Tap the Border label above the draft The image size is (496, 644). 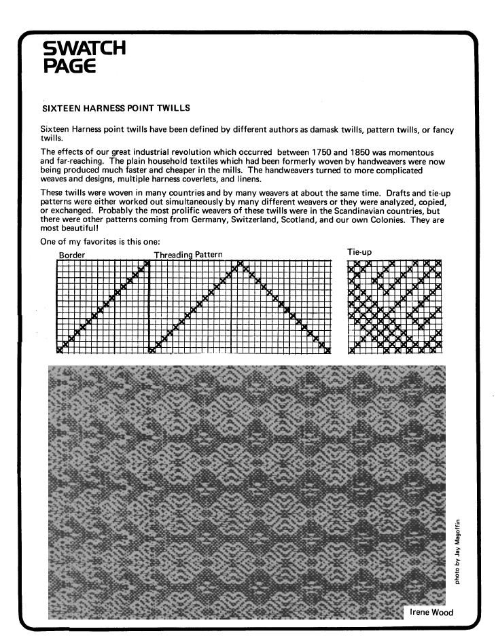click(x=72, y=254)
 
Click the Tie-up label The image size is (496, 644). click(x=359, y=252)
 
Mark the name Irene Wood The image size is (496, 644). click(x=432, y=612)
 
